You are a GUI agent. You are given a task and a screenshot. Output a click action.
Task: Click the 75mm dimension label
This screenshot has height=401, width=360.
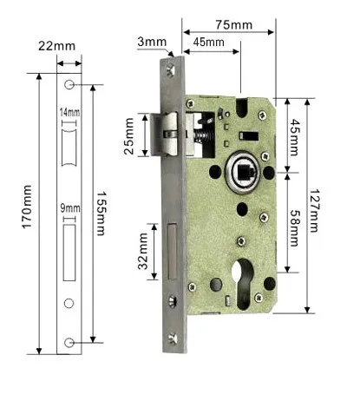[233, 25]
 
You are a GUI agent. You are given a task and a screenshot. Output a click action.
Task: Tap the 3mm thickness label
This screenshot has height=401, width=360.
[152, 42]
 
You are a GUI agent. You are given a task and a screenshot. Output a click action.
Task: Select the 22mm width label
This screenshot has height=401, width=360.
[56, 46]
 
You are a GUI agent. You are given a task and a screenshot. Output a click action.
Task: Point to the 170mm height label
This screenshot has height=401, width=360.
[27, 207]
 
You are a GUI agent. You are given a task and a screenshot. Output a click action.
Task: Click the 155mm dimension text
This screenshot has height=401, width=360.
[101, 214]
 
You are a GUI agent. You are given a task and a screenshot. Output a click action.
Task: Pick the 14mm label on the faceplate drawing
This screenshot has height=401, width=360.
[69, 112]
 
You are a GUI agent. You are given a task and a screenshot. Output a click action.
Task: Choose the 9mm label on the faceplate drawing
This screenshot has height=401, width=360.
[70, 208]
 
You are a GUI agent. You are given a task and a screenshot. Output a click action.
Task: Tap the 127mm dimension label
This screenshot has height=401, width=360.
[315, 211]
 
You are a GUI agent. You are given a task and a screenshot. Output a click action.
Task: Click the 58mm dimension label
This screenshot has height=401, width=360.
[294, 228]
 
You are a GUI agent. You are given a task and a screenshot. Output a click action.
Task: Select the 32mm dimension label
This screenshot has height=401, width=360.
[143, 251]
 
